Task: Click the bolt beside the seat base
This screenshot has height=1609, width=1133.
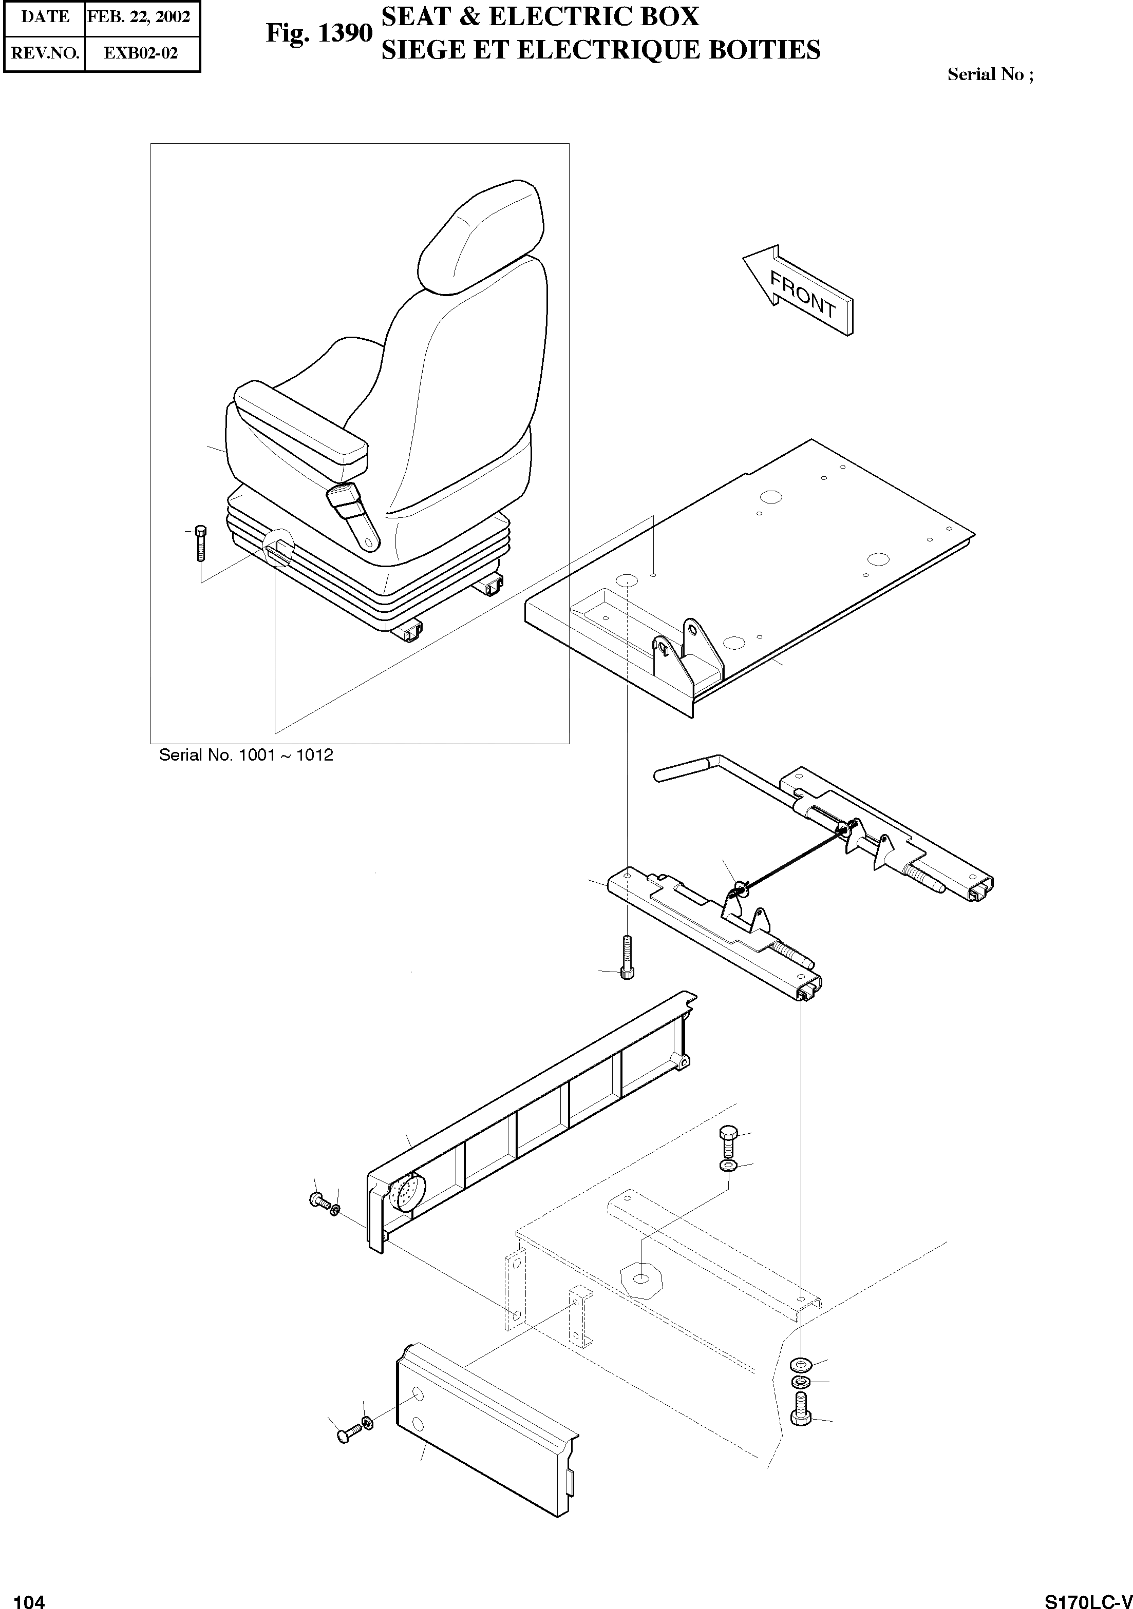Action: click(200, 542)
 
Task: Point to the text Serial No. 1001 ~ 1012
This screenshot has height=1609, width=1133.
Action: click(246, 755)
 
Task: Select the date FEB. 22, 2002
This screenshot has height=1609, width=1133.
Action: click(139, 17)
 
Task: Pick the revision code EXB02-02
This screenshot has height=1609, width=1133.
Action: click(141, 53)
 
